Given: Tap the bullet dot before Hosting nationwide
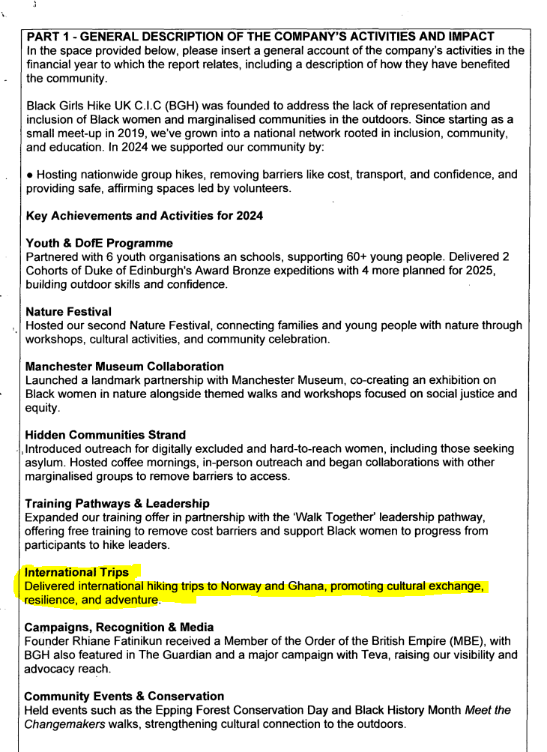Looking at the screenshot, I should pos(29,175).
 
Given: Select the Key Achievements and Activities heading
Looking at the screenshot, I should pos(144,216).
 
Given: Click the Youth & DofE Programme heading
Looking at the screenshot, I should pos(99,244).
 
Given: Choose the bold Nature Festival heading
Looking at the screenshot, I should pos(69,312).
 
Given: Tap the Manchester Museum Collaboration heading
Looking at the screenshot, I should pos(124,367).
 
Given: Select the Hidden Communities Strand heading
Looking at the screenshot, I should pos(106,435).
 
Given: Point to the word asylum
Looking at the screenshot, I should pos(43,463).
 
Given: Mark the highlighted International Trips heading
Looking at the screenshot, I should pos(76,572).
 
